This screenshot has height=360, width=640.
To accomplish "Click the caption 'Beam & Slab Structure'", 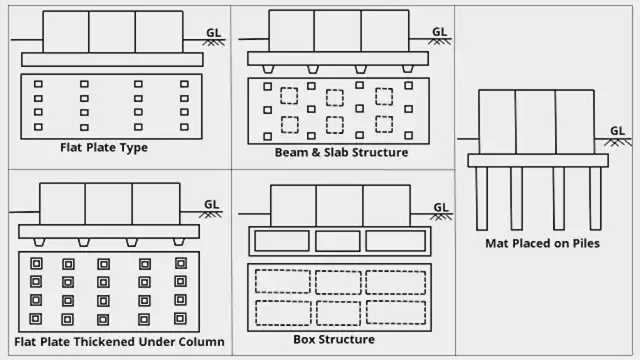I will (x=341, y=152).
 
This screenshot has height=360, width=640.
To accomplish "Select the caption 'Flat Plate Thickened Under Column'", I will (x=119, y=342).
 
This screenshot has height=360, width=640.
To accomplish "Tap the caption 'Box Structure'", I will (x=334, y=339).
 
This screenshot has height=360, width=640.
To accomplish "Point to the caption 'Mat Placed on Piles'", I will (x=543, y=243).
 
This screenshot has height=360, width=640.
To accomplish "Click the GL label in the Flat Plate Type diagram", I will (x=213, y=32).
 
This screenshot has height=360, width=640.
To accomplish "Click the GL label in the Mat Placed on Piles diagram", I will (x=617, y=131).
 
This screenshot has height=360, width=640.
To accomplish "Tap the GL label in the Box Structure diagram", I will (x=441, y=207).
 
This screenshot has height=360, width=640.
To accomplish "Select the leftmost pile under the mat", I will (x=482, y=198).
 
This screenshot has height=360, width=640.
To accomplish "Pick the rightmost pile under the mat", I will (x=596, y=198).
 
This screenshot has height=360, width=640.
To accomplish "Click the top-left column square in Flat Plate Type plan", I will (x=38, y=84).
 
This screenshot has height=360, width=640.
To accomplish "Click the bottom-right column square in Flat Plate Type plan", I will (x=184, y=127).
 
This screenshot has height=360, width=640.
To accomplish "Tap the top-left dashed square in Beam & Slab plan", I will (x=289, y=95).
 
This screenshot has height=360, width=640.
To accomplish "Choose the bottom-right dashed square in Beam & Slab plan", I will (x=384, y=124).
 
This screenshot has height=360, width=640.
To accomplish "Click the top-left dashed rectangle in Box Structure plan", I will (x=282, y=281).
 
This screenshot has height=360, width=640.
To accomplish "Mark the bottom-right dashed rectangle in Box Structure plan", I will (x=396, y=312).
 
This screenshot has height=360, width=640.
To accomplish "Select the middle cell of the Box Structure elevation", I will (x=338, y=241).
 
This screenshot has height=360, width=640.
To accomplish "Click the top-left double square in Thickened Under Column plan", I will (x=36, y=263).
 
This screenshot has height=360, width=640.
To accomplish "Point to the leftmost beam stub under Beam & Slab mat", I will (x=267, y=69).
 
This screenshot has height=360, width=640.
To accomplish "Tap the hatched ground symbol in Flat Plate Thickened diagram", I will (x=211, y=214).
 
